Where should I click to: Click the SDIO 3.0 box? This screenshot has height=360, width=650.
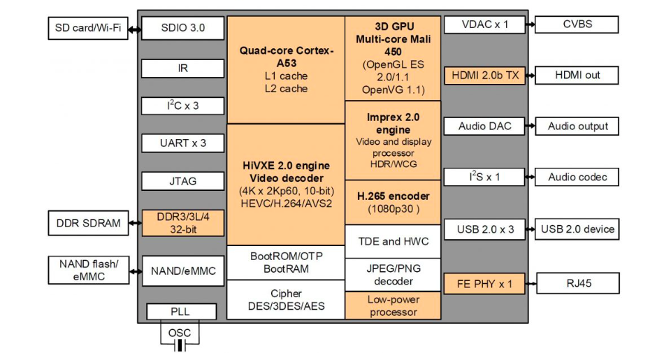pos(182,28)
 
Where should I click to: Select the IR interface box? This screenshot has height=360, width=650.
pos(182,69)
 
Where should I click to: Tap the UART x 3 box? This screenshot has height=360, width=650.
pos(182,143)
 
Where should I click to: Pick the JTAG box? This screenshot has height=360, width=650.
pos(182,181)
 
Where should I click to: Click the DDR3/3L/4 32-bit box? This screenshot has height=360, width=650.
pos(182,223)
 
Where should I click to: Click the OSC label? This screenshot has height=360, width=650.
pos(180,333)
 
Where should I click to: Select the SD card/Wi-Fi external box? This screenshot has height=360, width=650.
pos(88,28)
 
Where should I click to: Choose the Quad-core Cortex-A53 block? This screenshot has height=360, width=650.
pos(286,70)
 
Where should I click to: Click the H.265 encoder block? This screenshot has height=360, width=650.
pos(393,202)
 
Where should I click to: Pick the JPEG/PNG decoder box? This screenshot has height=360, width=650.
pos(393,275)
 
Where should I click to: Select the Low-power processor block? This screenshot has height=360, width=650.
pos(393,306)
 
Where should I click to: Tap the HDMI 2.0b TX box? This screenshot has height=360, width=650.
pos(485,75)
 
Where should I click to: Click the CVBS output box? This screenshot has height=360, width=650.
pos(577,24)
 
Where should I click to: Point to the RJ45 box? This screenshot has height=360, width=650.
pos(577,283)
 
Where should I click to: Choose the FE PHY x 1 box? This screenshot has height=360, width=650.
pos(485,283)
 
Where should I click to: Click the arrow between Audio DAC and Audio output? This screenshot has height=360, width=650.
pos(530,127)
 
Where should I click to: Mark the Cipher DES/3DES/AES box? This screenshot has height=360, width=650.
pos(286,300)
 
